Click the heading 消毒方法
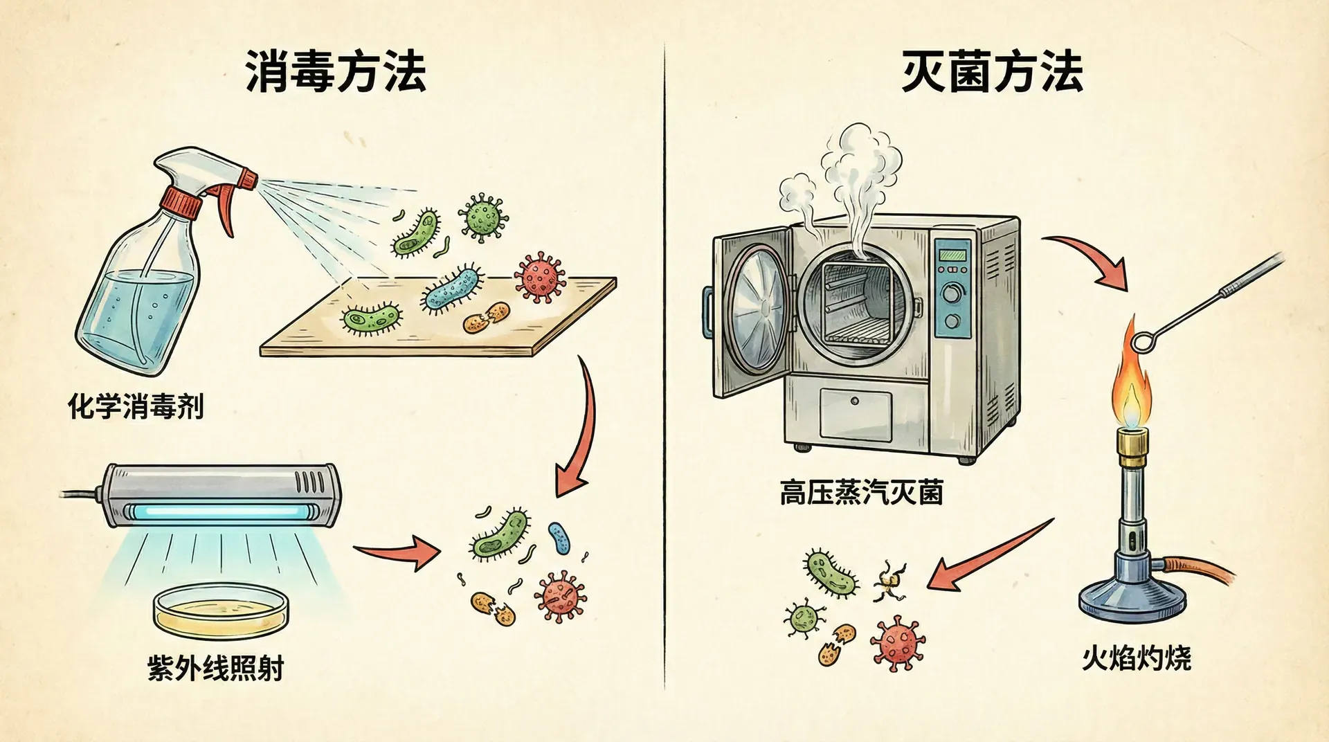(336, 72)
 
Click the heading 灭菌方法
(992, 72)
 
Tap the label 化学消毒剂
(136, 406)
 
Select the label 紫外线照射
(216, 669)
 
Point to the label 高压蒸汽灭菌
(861, 494)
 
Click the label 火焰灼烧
(1137, 658)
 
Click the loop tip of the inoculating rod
(1143, 341)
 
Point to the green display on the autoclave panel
(952, 255)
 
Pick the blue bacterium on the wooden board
(452, 289)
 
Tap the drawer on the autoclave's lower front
(856, 414)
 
